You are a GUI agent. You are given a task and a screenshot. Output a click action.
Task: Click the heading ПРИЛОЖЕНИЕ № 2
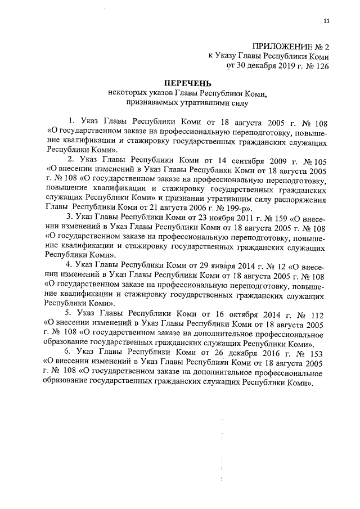pos(290,46)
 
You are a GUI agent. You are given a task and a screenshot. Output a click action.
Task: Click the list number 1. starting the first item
pos(71,121)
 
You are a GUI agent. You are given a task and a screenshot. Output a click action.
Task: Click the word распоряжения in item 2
pos(305,198)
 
